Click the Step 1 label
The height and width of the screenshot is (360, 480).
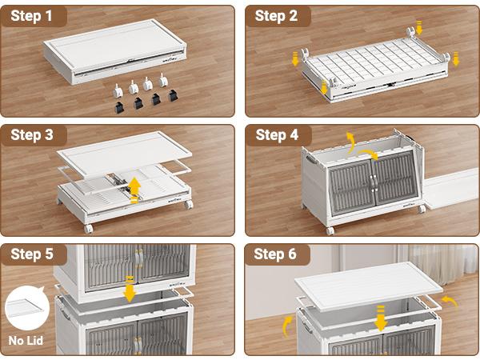[31, 16]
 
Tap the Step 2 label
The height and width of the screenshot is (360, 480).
[276, 16]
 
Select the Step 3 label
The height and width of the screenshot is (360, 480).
[32, 135]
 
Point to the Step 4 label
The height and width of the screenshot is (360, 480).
[277, 135]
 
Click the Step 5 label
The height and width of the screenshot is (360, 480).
[32, 254]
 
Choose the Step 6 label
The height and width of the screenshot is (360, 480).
[275, 254]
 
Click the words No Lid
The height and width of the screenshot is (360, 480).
[26, 341]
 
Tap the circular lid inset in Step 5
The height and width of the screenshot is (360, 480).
[27, 308]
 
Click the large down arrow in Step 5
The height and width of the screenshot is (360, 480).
[130, 290]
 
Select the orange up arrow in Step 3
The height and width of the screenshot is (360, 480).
[134, 190]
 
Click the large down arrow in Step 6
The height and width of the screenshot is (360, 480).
[381, 318]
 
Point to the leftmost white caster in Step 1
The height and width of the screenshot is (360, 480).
[118, 90]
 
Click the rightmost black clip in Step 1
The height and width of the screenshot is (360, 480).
[174, 95]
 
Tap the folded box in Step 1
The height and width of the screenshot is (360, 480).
[114, 51]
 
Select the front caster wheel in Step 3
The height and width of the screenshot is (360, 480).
[89, 229]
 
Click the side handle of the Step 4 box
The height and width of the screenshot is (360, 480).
[310, 160]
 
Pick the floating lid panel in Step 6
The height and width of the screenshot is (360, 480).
[369, 287]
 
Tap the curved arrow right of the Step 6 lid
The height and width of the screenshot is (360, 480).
[450, 301]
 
